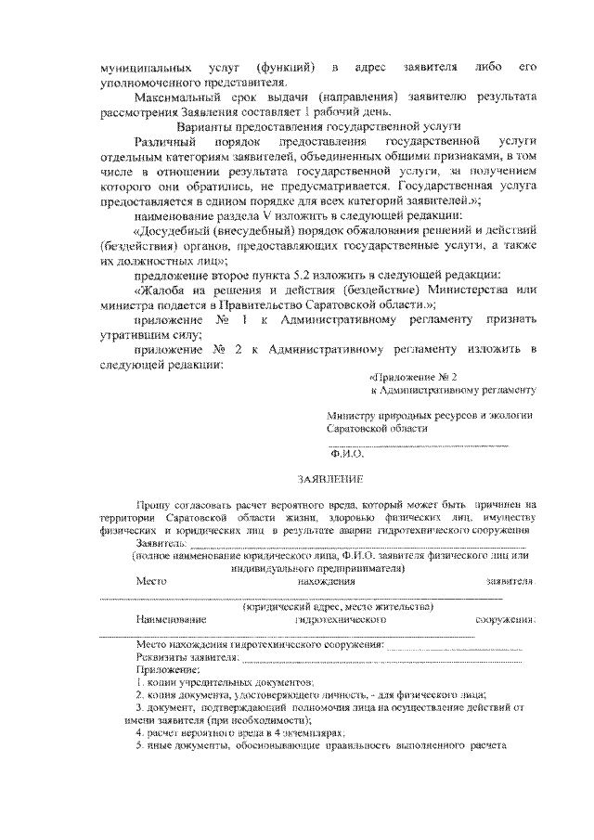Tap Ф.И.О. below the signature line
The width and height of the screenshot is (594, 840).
point(347,455)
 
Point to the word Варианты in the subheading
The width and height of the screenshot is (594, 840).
point(206,125)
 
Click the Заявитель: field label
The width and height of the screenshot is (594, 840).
point(161,542)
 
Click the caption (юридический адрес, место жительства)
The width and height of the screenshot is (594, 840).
point(338,606)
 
